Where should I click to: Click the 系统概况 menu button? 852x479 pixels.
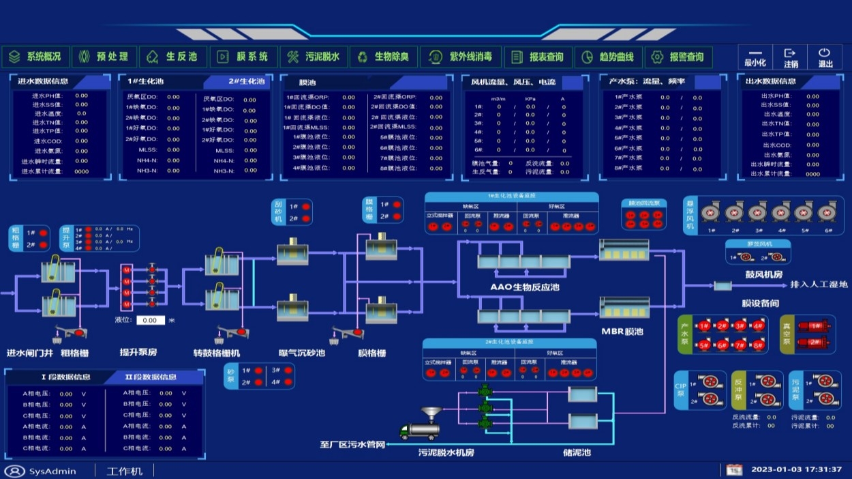pos(35,57)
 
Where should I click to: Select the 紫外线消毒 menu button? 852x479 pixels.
pos(461,57)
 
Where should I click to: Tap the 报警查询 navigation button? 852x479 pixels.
pos(678,57)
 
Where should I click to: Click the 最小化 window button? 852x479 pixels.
pos(755,57)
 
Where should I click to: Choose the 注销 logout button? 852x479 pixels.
pos(790,57)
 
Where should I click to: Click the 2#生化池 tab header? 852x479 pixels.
pos(246,82)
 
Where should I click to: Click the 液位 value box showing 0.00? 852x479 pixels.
pos(150,320)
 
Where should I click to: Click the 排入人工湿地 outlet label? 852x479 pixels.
pos(818,285)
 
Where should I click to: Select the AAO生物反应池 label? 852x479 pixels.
pos(525,287)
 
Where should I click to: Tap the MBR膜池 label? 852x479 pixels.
pos(622,332)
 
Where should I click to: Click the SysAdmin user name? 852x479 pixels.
pos(52,471)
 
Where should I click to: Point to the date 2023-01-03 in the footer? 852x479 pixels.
pos(775,469)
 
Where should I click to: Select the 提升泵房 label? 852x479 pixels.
pos(138,353)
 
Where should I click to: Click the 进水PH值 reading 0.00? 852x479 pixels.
pos(81,96)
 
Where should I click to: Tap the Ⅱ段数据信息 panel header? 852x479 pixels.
pos(151,377)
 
